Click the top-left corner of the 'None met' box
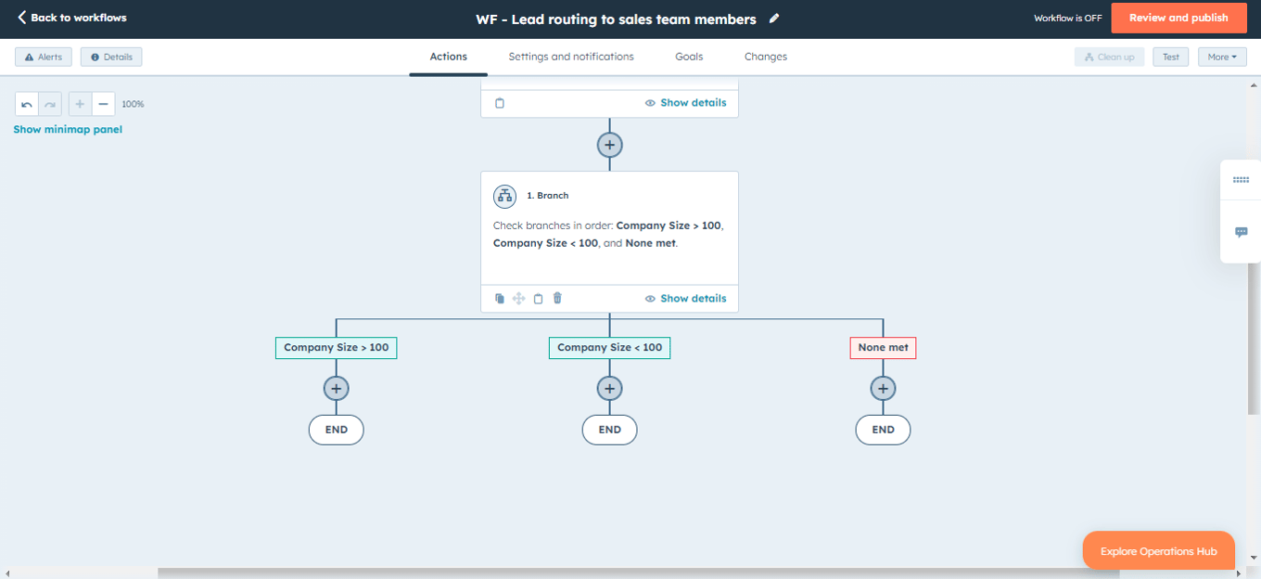click(850, 337)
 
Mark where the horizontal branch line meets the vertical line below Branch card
click(610, 319)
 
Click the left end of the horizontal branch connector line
click(336, 319)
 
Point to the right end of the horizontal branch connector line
click(884, 319)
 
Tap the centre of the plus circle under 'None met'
click(883, 389)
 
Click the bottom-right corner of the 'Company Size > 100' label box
click(397, 359)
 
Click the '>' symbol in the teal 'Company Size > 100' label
click(363, 348)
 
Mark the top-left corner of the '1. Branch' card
click(480, 172)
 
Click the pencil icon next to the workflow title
click(774, 19)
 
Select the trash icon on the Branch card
click(557, 298)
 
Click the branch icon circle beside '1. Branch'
click(505, 196)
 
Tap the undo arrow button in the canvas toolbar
click(27, 104)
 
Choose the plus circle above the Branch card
click(610, 146)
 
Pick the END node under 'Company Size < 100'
click(610, 430)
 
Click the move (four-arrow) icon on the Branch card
click(519, 299)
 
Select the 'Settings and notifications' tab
click(571, 57)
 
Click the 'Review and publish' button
click(1178, 18)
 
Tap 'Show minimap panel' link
click(68, 130)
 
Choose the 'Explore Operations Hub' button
click(1159, 551)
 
